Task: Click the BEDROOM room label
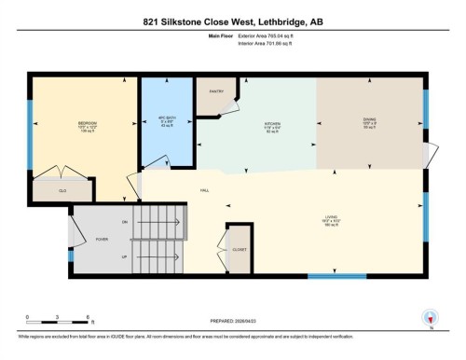(x=87, y=121)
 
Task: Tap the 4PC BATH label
(x=167, y=118)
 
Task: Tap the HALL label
(x=203, y=191)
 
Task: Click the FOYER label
(x=102, y=239)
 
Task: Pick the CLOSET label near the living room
(x=240, y=250)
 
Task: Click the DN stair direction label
(x=125, y=223)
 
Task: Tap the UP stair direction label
(x=125, y=255)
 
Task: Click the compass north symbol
(x=431, y=317)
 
